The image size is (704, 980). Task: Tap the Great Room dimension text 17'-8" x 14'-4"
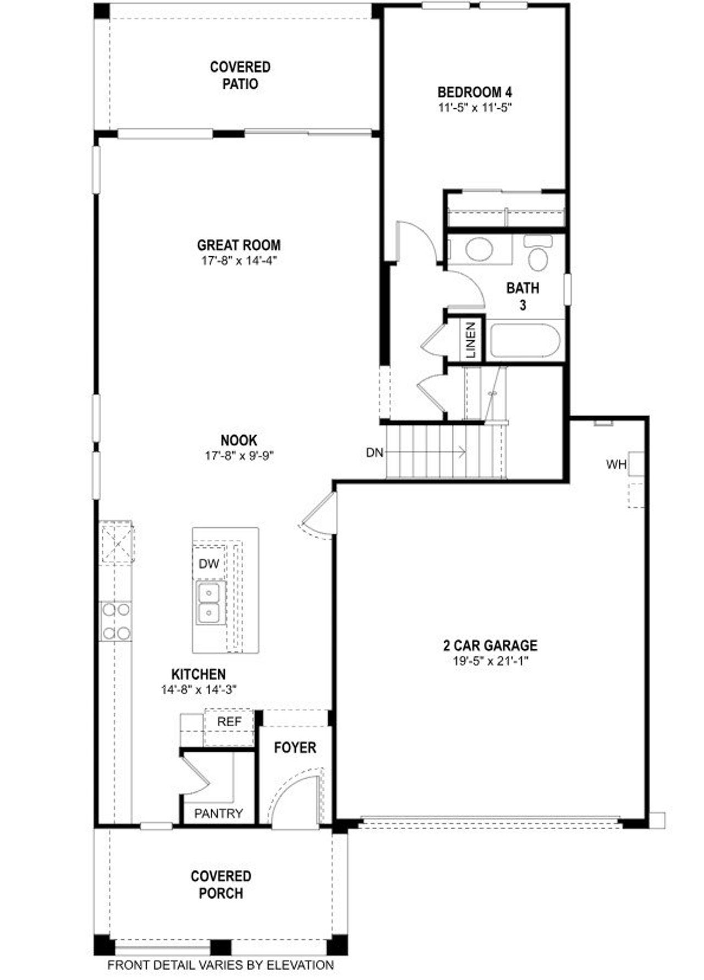point(239,260)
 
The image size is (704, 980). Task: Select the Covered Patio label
point(240,75)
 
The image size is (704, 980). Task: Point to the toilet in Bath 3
point(537,255)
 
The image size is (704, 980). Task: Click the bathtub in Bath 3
point(525,341)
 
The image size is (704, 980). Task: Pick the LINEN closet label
point(471,340)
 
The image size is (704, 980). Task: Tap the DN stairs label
point(375,453)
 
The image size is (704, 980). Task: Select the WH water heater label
point(616,464)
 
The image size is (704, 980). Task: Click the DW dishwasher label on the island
point(209,563)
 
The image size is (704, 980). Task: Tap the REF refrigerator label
point(229,721)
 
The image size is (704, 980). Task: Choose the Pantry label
point(218,813)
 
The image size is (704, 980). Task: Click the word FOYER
point(295,748)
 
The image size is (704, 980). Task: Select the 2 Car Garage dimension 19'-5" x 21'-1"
point(491,661)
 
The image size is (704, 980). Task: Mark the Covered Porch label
point(221,884)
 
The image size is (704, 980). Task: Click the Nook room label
point(239,440)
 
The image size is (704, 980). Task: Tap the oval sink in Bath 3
point(479,249)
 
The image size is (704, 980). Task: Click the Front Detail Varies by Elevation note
point(221,965)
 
